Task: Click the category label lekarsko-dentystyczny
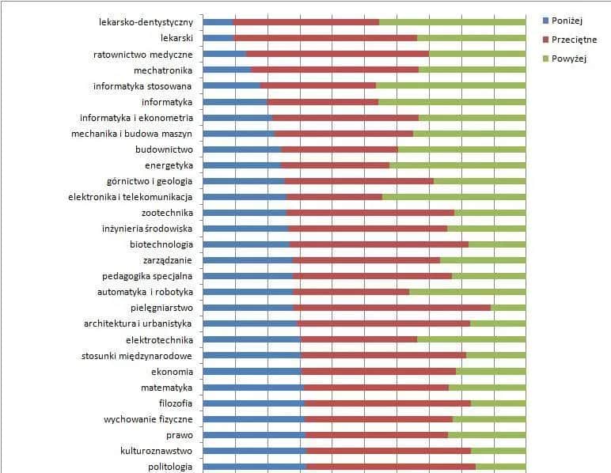click(140, 22)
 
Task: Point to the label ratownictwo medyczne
click(142, 54)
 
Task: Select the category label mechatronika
click(163, 70)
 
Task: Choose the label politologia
click(169, 467)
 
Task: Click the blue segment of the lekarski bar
click(218, 38)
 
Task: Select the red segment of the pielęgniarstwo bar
click(392, 308)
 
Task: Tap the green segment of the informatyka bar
click(452, 101)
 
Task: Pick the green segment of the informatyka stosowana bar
click(450, 85)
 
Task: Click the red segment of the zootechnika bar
click(370, 213)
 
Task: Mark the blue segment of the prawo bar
click(255, 435)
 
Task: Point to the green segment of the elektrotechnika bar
click(471, 339)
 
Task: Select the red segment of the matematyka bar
click(376, 388)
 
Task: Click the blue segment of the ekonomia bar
click(252, 372)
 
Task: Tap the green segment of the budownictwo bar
click(461, 149)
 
